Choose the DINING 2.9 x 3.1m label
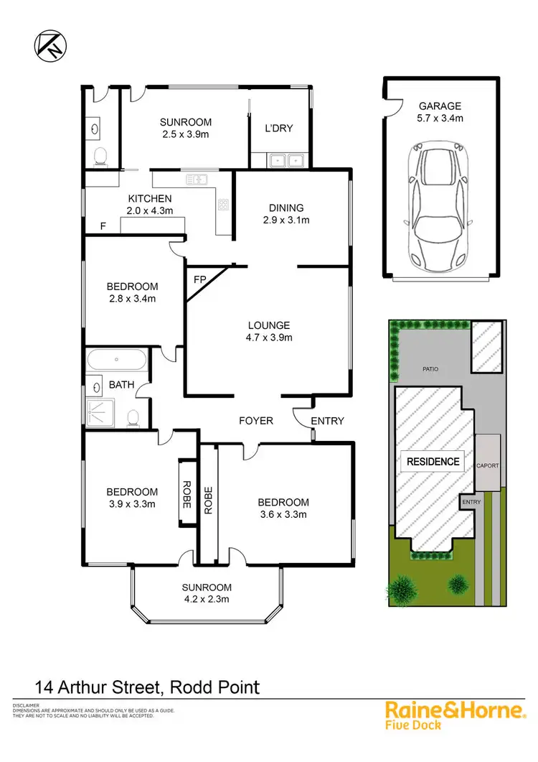pos(285,214)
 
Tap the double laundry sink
pos(287,160)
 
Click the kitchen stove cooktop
pos(224,205)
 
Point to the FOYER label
pos(256,420)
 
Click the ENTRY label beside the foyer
pos(328,421)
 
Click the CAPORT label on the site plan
pos(488,465)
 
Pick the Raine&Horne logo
pos(456,716)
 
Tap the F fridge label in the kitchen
pos(103,226)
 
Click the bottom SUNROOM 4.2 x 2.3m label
pos(206,592)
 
